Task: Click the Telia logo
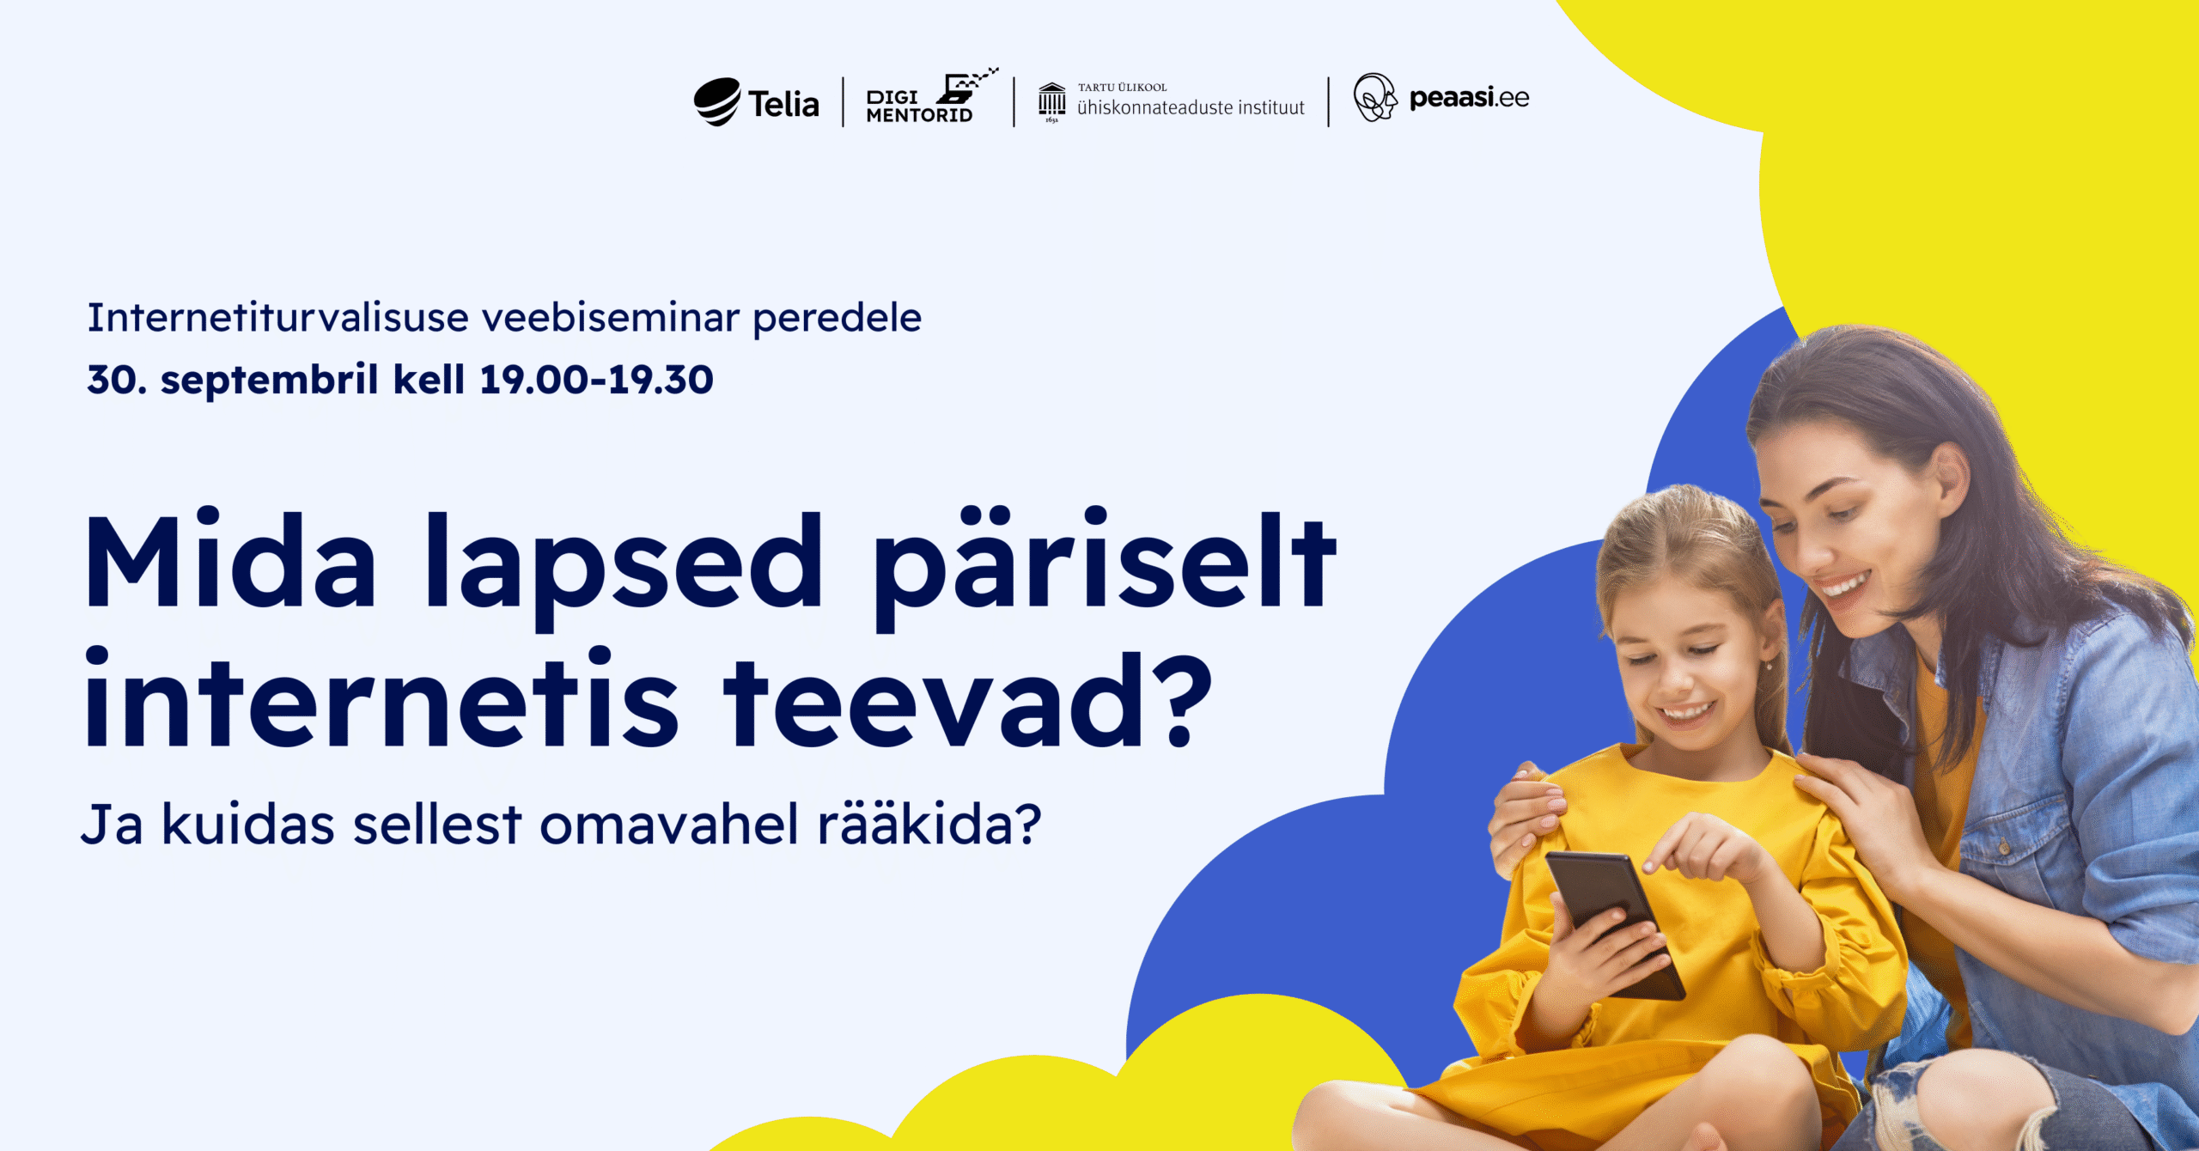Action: pyautogui.click(x=757, y=102)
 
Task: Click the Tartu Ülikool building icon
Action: pyautogui.click(x=1051, y=102)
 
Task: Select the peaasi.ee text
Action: pyautogui.click(x=1469, y=98)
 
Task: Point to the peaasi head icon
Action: pyautogui.click(x=1375, y=97)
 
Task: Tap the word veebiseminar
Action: pyautogui.click(x=611, y=318)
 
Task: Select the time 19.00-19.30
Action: pyautogui.click(x=596, y=380)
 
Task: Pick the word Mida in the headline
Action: pyautogui.click(x=230, y=560)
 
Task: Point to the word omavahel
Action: pyautogui.click(x=670, y=825)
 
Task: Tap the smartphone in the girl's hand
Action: pyautogui.click(x=1614, y=926)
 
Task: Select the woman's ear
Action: pyautogui.click(x=1950, y=480)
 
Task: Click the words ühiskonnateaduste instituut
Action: pyautogui.click(x=1191, y=107)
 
